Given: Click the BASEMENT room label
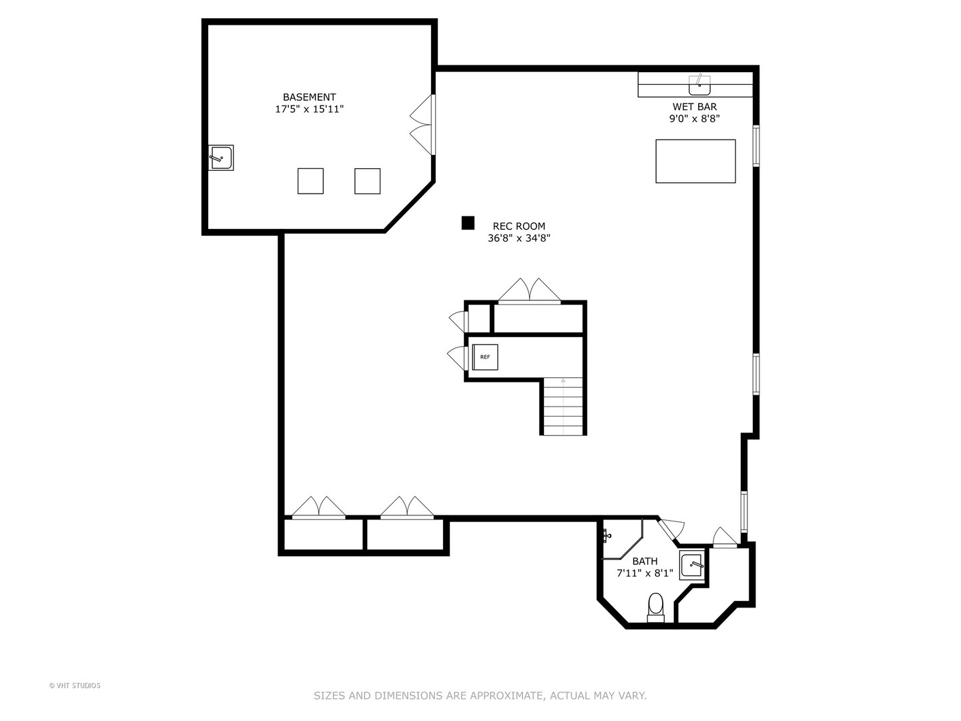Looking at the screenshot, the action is coord(309,97).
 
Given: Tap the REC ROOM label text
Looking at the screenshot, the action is coord(519,226).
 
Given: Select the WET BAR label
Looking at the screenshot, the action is coord(694,107).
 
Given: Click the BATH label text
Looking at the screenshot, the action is coord(645,561).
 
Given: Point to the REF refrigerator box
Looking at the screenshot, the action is coord(485,357).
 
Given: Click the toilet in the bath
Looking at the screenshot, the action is coord(655,608).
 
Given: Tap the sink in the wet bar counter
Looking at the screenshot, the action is coord(699,85).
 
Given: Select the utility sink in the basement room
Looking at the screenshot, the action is coord(221,158).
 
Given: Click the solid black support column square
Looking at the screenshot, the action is coord(468,223).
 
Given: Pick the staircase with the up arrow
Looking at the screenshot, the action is coord(563,407).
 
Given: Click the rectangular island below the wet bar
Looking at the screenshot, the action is coord(695,161).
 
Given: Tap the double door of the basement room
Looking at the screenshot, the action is coord(422,125).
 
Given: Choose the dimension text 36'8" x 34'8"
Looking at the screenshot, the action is coord(519,238).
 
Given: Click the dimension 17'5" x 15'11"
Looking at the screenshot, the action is coord(309,109).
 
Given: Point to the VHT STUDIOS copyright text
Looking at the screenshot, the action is coord(75,686).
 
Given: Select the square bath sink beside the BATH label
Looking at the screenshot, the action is coord(692,565).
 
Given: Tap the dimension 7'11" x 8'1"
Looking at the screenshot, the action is coord(645,573).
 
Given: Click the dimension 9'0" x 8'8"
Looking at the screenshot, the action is coord(694,119).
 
